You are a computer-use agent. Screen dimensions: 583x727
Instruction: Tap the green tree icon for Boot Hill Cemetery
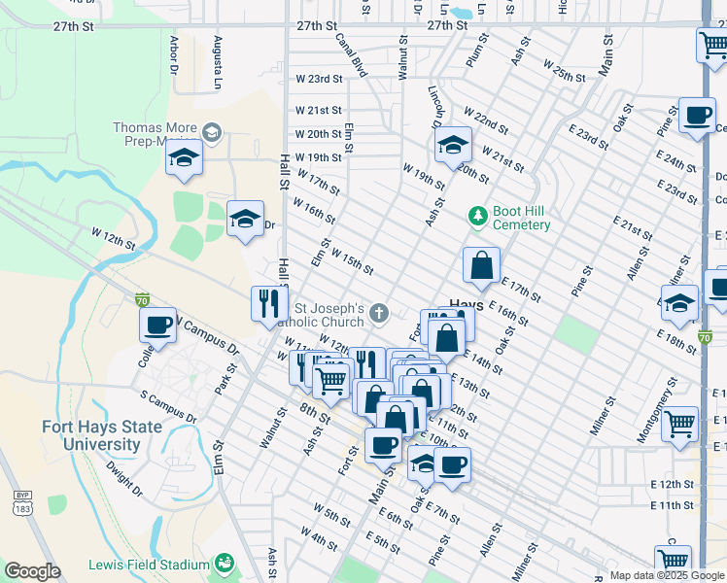coord(476,215)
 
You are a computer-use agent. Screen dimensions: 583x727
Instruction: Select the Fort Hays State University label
coord(90,435)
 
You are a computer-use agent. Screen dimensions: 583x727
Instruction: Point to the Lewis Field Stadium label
coord(149,565)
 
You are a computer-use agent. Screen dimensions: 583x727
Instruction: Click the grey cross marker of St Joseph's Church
coord(379,313)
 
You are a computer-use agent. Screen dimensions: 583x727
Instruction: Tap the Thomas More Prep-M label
coord(156,134)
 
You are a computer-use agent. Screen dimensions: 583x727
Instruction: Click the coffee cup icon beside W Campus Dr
coord(157,325)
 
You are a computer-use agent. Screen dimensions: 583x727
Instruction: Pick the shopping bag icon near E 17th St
coord(481,265)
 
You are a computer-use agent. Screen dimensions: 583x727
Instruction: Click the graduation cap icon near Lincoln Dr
coord(453,146)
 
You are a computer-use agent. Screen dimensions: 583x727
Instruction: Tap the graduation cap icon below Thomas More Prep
coord(183,157)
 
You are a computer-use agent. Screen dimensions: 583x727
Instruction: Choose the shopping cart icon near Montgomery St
coord(680,423)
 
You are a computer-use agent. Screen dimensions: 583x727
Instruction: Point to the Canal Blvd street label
coord(350,55)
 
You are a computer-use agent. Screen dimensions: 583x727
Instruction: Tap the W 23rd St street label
coord(320,79)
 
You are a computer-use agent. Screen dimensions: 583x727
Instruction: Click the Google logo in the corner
coord(32,571)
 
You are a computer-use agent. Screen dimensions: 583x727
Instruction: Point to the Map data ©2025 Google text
coord(667,575)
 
